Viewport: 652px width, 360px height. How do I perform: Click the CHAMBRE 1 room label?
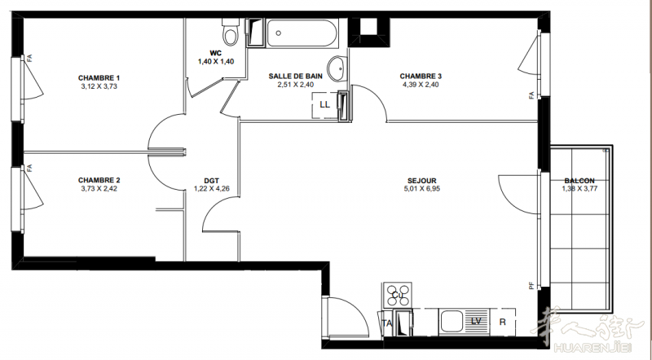tap(99, 77)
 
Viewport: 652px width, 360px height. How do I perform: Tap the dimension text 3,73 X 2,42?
tap(99, 188)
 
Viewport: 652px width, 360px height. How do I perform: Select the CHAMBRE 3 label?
tap(421, 76)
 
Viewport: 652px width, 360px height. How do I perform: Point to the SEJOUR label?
tap(422, 181)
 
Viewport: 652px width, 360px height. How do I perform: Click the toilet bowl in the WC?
tap(231, 33)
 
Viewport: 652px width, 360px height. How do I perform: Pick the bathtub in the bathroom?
tap(302, 33)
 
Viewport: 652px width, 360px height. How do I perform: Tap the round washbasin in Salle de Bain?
tap(337, 68)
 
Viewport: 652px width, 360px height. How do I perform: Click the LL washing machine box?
tap(324, 105)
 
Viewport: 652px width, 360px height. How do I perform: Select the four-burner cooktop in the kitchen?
tap(398, 295)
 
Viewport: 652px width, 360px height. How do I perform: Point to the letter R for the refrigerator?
tap(503, 323)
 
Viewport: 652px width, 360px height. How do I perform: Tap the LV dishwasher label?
tap(476, 321)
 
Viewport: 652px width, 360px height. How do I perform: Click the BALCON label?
tap(579, 181)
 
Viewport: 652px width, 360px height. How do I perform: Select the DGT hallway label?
tap(212, 181)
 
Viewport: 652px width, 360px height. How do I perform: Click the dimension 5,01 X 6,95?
tap(422, 188)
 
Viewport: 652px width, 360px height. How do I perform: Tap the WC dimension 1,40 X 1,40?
tap(216, 62)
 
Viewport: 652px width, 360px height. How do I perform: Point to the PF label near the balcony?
tap(531, 286)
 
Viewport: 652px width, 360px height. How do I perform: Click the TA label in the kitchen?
tap(387, 323)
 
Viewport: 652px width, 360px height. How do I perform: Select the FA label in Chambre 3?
tap(531, 95)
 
